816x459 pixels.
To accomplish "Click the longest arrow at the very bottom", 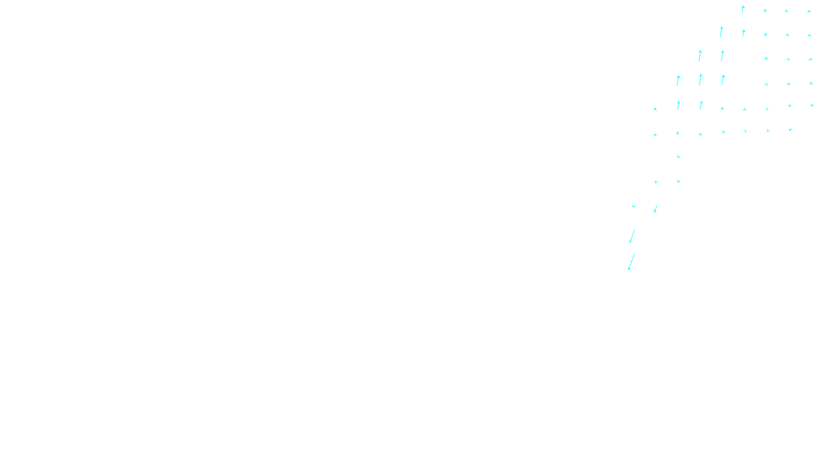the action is (631, 262).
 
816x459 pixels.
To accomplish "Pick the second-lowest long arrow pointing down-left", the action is (632, 236).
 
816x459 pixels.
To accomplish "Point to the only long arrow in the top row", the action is (743, 9).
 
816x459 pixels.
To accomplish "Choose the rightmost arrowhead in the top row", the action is (809, 11).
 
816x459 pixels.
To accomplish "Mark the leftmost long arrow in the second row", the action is (721, 32).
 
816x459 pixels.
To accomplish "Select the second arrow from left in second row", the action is (744, 33).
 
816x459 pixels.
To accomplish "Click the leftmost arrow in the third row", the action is (700, 56).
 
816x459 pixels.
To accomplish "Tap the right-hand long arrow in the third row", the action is (722, 55).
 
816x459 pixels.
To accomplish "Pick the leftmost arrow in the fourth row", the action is (678, 81).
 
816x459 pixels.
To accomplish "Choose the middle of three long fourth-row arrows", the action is (700, 79).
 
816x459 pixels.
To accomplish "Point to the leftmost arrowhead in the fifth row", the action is (655, 109).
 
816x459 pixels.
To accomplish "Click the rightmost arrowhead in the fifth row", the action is (812, 106).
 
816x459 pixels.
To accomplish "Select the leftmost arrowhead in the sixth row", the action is (655, 135).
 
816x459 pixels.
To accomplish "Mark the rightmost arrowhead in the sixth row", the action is (790, 130).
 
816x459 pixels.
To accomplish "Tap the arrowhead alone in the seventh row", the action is (678, 157).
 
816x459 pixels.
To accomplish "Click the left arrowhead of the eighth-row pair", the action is (656, 182).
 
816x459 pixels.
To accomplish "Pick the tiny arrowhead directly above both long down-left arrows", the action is (633, 206).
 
